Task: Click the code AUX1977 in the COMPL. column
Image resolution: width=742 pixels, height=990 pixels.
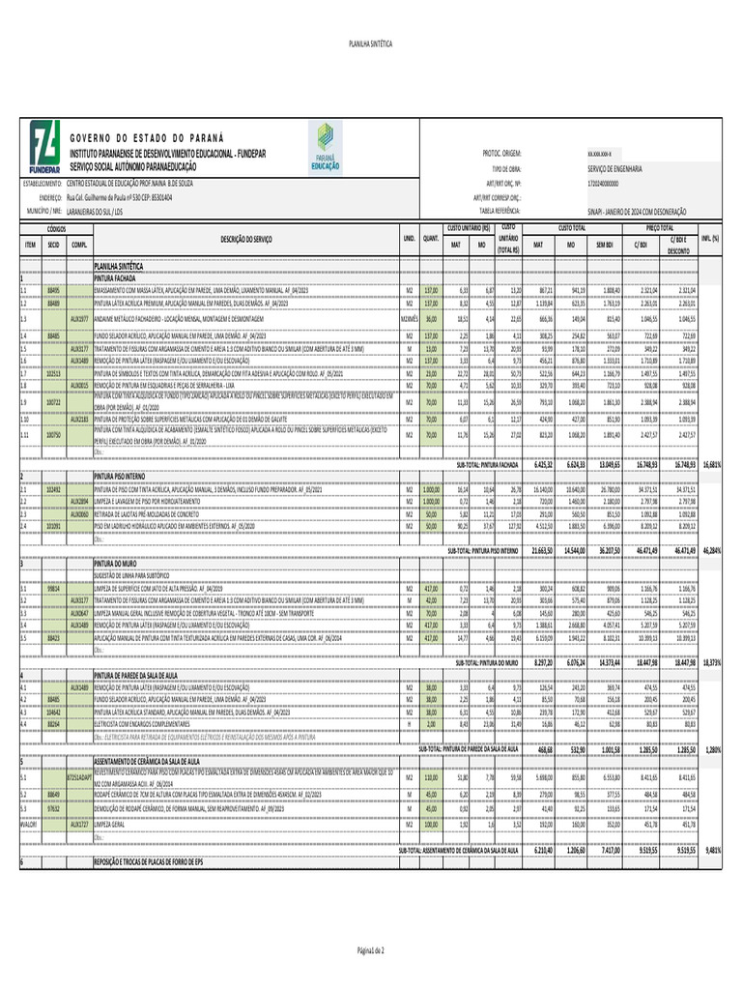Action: [80, 318]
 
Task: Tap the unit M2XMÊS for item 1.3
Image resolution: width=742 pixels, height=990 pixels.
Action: [409, 318]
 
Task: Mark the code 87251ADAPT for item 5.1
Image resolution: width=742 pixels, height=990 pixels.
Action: [80, 776]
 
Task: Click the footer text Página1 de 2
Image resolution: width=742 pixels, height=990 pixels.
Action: [370, 951]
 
